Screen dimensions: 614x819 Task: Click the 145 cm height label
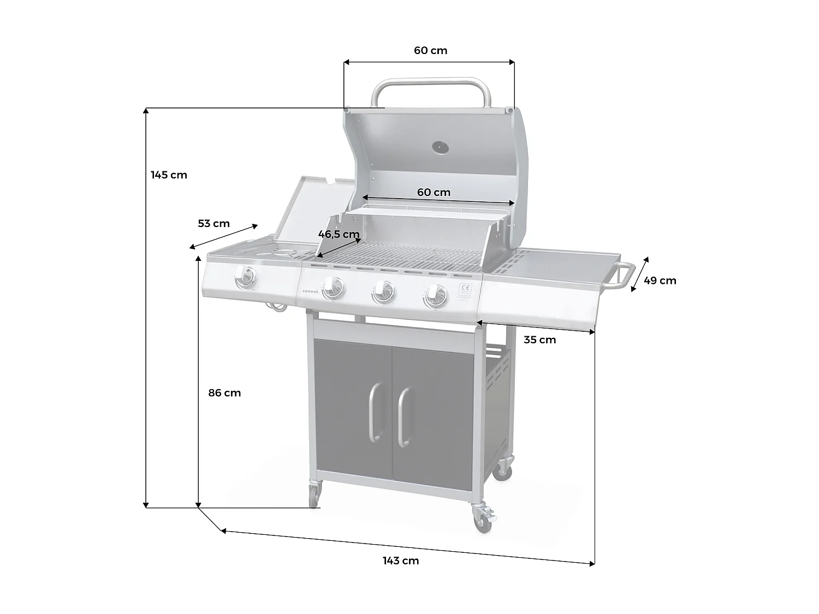(169, 175)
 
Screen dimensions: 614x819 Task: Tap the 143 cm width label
(400, 561)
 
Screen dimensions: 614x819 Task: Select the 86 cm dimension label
(224, 393)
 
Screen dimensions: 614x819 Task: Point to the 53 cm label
(213, 224)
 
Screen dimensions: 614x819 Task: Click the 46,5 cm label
(339, 235)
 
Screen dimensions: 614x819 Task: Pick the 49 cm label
(660, 281)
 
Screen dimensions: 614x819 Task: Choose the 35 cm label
(539, 340)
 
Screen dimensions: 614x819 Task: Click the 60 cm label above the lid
(430, 51)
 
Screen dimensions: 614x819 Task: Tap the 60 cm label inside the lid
(434, 192)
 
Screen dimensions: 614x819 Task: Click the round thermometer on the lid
(440, 147)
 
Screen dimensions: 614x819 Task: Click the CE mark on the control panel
(465, 288)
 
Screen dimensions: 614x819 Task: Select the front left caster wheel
(314, 496)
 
